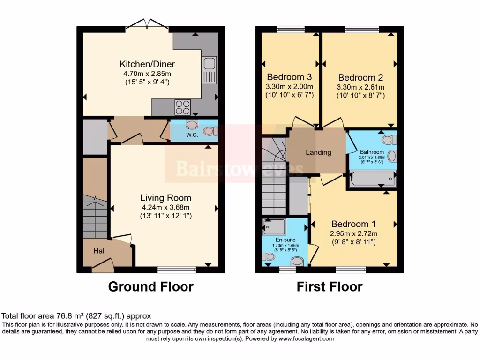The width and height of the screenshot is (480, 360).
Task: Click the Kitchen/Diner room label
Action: [147, 64]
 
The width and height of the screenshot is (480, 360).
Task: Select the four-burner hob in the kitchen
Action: [183, 107]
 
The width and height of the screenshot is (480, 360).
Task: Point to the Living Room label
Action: [166, 198]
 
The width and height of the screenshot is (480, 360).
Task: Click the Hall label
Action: [99, 251]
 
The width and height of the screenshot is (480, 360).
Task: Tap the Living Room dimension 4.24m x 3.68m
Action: [166, 207]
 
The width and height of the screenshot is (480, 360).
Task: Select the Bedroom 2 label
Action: [357, 78]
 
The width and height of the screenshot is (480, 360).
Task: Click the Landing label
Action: [318, 152]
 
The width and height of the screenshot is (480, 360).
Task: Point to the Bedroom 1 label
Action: [354, 224]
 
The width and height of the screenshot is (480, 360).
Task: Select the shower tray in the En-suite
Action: [274, 227]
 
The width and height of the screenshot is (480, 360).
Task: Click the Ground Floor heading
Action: [150, 286]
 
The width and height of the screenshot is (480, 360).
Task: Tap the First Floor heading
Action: [330, 286]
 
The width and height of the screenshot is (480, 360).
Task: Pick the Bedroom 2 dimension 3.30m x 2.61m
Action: [357, 87]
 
